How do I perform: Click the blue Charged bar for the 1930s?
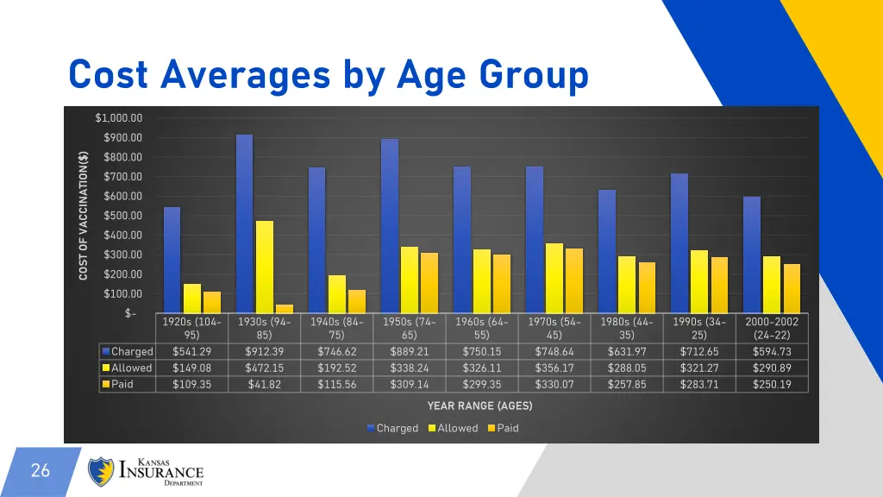pyautogui.click(x=245, y=223)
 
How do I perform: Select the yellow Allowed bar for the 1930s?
pyautogui.click(x=265, y=267)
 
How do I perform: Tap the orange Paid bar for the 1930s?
pyautogui.click(x=285, y=308)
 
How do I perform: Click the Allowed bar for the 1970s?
pyautogui.click(x=554, y=278)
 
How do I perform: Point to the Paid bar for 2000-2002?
pyautogui.click(x=792, y=288)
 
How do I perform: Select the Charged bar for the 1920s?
pyautogui.click(x=172, y=260)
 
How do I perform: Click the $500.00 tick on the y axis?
pyautogui.click(x=122, y=216)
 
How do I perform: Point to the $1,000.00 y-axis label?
pyautogui.click(x=119, y=118)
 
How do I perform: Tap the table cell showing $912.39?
pyautogui.click(x=264, y=351)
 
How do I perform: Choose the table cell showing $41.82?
pyautogui.click(x=264, y=384)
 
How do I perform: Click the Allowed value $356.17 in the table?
pyautogui.click(x=554, y=368)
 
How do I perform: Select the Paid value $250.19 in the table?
pyautogui.click(x=772, y=384)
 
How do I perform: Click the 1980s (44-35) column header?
pyautogui.click(x=626, y=328)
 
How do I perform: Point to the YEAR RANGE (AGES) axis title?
pyautogui.click(x=479, y=406)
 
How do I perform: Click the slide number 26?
pyautogui.click(x=40, y=471)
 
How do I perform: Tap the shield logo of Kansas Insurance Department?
pyautogui.click(x=102, y=471)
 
